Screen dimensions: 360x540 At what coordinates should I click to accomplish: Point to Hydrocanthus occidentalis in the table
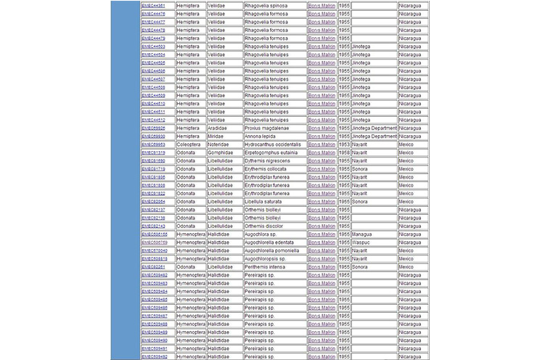pyautogui.click(x=274, y=144)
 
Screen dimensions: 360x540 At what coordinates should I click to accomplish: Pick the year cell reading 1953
pyautogui.click(x=344, y=144)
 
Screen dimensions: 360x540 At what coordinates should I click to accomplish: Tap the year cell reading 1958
pyautogui.click(x=344, y=152)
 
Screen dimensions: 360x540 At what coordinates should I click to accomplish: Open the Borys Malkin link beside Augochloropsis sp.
pyautogui.click(x=322, y=258)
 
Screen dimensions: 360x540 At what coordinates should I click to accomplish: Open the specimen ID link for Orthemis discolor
pyautogui.click(x=154, y=226)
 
